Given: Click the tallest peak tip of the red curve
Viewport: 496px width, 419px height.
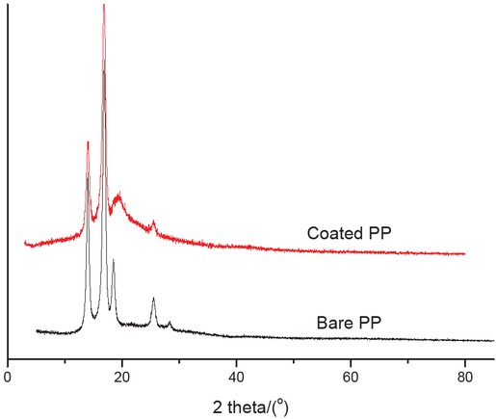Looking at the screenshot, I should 103,5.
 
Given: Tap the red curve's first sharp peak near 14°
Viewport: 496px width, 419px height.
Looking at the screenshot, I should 88,143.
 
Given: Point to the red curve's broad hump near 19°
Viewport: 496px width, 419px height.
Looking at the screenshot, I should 118,196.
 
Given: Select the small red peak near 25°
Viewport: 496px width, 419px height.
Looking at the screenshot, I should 153,223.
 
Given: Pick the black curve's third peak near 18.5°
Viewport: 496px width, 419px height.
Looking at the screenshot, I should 114,261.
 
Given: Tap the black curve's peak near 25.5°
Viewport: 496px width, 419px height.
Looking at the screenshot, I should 153,300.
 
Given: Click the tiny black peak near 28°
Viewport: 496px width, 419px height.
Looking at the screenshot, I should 170,323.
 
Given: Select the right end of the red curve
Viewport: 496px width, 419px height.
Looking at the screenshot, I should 465,254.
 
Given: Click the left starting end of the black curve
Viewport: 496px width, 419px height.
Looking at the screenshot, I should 37,330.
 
